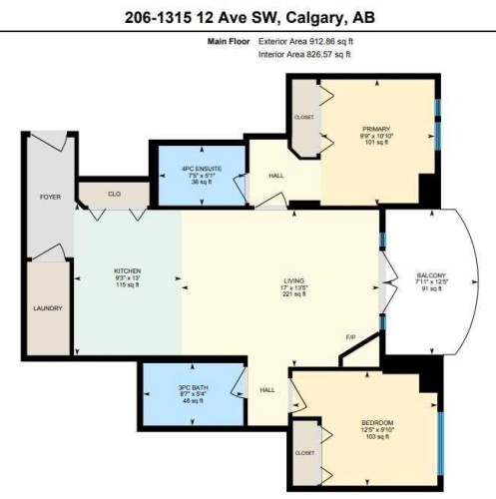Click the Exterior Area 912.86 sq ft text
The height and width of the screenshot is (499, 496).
305,42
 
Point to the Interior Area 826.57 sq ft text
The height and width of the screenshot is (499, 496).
304,54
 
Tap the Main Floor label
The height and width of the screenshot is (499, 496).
229,42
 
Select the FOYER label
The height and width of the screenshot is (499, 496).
50,198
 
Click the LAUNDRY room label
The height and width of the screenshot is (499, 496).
50,308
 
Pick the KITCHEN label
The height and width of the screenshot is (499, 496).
126,270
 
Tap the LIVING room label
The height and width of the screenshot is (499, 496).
292,281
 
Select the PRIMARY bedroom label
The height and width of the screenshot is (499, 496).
376,129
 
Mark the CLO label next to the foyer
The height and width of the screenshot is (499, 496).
114,193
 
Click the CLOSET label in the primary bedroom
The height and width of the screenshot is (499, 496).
305,117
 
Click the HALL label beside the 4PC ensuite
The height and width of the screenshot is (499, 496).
276,177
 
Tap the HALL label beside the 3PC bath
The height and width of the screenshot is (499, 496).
267,390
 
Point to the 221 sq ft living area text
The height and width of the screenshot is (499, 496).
292,295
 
